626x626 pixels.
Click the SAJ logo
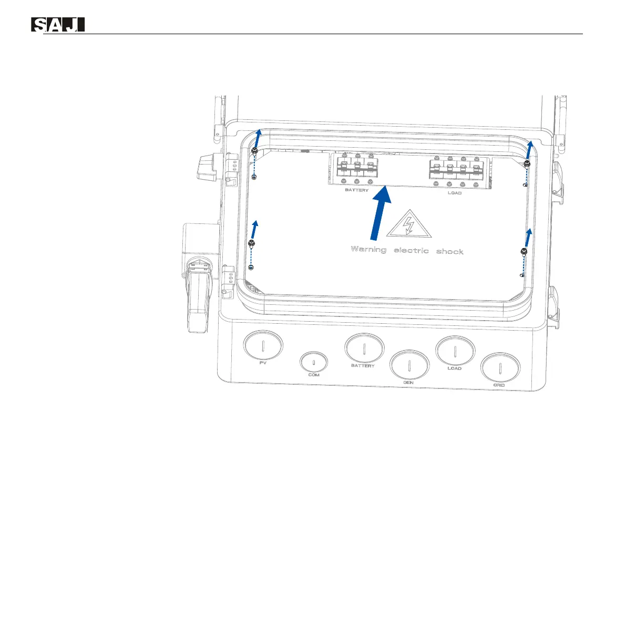58,25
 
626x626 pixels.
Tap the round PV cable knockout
263,345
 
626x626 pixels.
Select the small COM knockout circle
314,362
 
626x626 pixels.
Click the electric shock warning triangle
408,224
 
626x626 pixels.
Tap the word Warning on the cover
368,249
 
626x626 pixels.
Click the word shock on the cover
449,251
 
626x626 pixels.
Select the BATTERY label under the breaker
357,190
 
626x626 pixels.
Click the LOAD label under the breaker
455,193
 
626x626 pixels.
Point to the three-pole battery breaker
357,168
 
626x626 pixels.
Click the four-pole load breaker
455,171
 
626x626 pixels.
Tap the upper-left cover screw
254,151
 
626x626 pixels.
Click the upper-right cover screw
527,164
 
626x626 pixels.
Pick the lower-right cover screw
524,251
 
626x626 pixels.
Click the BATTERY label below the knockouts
363,365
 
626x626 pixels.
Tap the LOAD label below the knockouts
455,368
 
